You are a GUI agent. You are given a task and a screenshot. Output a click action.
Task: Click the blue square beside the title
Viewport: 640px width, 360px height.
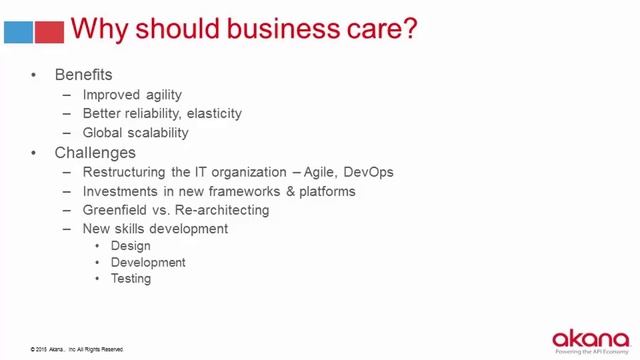click(x=19, y=31)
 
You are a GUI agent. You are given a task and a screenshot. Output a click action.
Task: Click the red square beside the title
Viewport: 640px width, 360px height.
click(x=50, y=31)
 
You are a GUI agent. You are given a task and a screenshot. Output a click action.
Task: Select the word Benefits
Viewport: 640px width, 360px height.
click(x=83, y=75)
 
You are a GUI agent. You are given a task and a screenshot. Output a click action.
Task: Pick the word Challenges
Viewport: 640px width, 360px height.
click(x=95, y=153)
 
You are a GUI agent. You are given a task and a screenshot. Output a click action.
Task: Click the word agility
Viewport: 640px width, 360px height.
click(x=161, y=95)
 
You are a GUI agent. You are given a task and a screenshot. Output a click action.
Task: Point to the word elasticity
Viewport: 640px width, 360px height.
click(x=211, y=114)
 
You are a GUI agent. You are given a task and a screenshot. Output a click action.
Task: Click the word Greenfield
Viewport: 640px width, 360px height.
click(x=119, y=210)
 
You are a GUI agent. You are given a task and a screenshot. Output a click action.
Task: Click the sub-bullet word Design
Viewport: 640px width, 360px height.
click(x=130, y=246)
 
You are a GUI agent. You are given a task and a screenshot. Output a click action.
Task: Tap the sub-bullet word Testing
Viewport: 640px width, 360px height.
click(x=131, y=279)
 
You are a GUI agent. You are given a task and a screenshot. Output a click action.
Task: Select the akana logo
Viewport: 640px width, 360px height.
click(x=590, y=337)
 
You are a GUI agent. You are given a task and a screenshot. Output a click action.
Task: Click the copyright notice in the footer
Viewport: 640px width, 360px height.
click(x=77, y=349)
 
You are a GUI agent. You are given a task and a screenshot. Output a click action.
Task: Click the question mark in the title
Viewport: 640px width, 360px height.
click(x=408, y=29)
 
